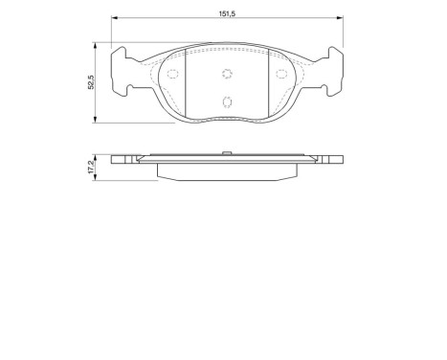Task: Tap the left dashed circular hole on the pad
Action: pos(172,75)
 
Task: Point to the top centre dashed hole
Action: pos(227,76)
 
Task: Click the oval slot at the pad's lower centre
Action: pos(227,102)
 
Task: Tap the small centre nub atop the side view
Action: pos(227,152)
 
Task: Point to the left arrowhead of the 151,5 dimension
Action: pos(115,19)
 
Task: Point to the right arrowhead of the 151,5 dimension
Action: pos(340,19)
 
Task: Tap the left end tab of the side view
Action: pos(124,160)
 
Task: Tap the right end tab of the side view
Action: pos(330,160)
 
